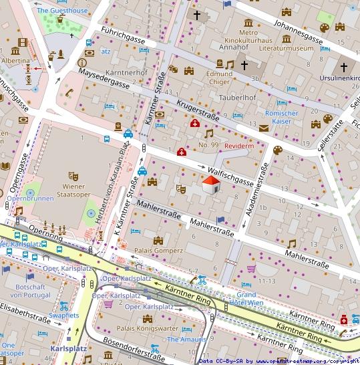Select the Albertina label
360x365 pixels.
click(x=15, y=60)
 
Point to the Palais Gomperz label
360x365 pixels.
click(x=158, y=251)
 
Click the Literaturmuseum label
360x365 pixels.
click(x=285, y=48)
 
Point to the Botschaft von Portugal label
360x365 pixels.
click(x=29, y=290)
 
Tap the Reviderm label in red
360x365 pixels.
click(x=240, y=146)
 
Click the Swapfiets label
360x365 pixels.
click(x=64, y=315)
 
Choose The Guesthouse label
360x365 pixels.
click(x=61, y=11)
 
